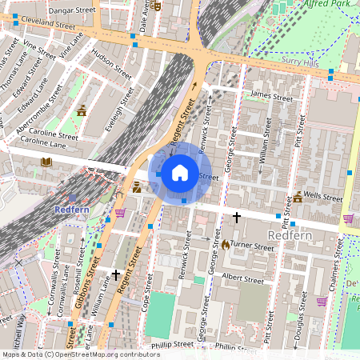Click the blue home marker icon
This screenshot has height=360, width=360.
[180, 173]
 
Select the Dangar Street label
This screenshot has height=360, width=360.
[72, 10]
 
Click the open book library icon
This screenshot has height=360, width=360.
[46, 162]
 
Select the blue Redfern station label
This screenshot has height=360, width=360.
[70, 210]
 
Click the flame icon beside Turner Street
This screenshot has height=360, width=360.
[226, 245]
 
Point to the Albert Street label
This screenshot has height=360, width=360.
[242, 280]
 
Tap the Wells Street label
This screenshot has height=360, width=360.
[327, 195]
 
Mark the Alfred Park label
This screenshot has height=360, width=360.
[327, 4]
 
